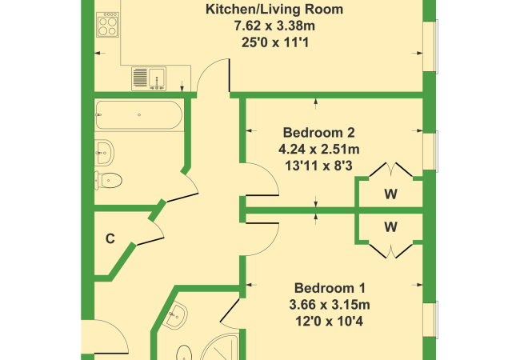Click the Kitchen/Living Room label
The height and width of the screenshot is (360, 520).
(274, 10)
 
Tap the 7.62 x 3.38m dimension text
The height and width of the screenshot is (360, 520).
(274, 26)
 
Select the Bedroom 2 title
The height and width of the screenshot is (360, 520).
(318, 133)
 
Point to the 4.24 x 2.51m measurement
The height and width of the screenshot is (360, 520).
(319, 149)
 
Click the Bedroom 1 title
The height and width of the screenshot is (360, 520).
(330, 288)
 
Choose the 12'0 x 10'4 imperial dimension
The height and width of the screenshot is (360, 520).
(330, 322)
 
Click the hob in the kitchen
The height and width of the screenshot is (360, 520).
(107, 25)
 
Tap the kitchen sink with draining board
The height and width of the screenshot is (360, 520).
(149, 78)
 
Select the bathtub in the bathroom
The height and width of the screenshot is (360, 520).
(139, 114)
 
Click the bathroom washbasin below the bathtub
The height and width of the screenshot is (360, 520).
(104, 153)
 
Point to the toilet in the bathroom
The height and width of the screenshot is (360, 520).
(108, 180)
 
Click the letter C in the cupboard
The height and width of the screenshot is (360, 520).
(110, 238)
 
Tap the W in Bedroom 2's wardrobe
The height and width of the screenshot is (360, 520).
(390, 194)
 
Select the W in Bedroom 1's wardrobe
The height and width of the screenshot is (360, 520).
(390, 227)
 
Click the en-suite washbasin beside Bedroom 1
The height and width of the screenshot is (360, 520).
(176, 315)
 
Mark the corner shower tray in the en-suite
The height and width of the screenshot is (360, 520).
(222, 347)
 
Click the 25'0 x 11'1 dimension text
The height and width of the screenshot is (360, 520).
(275, 42)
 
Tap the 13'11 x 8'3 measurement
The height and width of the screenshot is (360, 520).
(318, 166)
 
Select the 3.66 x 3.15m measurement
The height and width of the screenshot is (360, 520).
(330, 305)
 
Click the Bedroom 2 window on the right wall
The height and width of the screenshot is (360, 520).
(430, 151)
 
